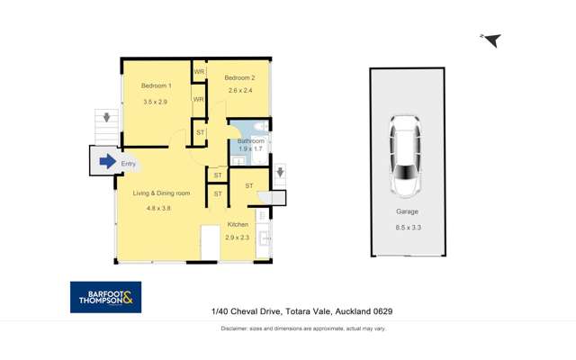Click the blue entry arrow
click(x=107, y=162)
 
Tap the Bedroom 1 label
click(x=156, y=86)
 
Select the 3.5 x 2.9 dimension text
click(x=156, y=103)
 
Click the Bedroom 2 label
click(x=239, y=77)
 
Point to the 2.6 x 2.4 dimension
click(x=239, y=90)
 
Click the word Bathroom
click(x=251, y=141)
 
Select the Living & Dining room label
click(x=162, y=193)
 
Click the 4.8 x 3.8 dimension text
click(x=158, y=209)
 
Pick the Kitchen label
click(x=238, y=224)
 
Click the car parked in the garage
click(x=406, y=156)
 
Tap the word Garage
click(x=407, y=212)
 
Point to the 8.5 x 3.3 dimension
click(x=407, y=229)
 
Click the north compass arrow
click(x=491, y=40)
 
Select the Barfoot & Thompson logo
click(x=105, y=297)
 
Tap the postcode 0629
click(x=381, y=311)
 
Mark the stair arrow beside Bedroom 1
click(x=106, y=117)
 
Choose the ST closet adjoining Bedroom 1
click(x=201, y=132)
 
